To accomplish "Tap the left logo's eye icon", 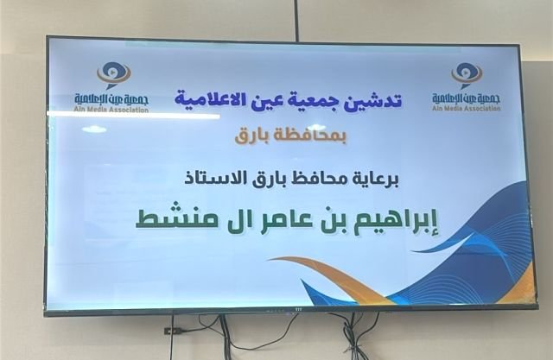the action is (x=113, y=75).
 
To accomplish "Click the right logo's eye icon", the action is (x=467, y=75).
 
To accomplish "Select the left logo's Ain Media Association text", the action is (x=111, y=110).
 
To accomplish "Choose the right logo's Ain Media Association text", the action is (x=467, y=108).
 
